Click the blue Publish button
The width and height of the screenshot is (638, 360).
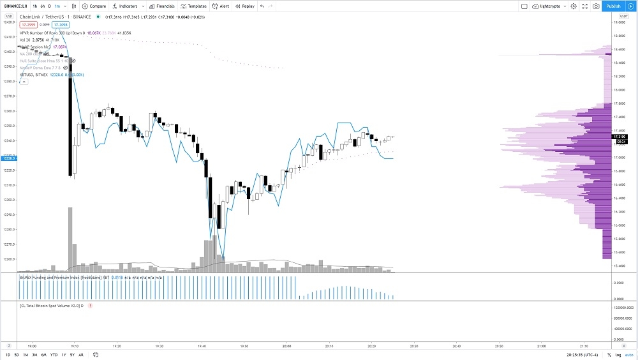tap(613, 6)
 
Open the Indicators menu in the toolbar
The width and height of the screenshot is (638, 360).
tap(125, 6)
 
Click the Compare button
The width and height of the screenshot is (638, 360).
tap(94, 6)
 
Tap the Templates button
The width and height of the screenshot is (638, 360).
tap(194, 6)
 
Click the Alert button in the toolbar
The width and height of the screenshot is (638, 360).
tap(221, 6)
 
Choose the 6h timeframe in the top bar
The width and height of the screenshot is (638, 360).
tap(42, 6)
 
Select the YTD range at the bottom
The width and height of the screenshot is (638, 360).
tap(54, 354)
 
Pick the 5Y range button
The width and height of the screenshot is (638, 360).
tap(72, 354)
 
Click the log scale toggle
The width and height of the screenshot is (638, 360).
tap(618, 354)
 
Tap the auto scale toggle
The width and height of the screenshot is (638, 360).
tap(629, 354)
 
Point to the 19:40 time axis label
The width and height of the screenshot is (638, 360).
tap(202, 347)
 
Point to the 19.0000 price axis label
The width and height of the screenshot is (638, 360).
tap(618, 22)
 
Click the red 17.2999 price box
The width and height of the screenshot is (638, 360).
tap(28, 24)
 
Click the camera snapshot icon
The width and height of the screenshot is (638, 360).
tap(595, 6)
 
